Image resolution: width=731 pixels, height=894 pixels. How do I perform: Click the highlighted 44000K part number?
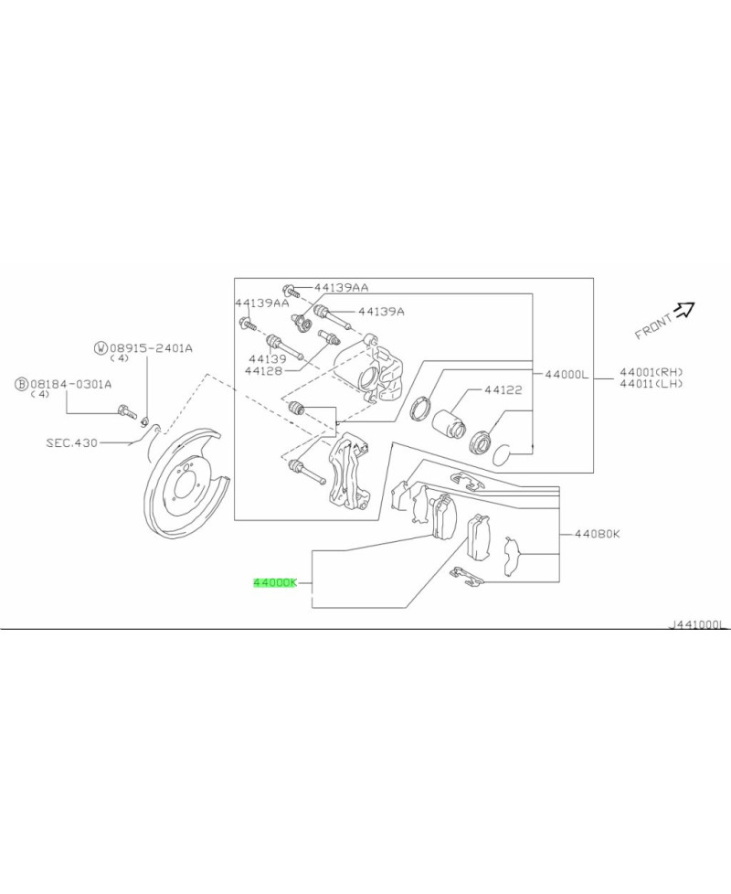(x=275, y=582)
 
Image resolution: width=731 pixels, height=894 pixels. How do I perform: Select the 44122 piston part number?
(x=503, y=389)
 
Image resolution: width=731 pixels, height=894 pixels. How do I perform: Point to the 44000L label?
(x=567, y=374)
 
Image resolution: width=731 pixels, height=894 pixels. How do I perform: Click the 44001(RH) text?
(x=651, y=372)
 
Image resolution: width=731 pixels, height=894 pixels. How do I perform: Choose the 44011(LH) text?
(x=651, y=384)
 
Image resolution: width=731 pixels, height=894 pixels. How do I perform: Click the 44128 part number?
(x=265, y=371)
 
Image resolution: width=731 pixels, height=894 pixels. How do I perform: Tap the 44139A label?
(x=380, y=312)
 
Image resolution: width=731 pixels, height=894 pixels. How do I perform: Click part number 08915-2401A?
(x=151, y=347)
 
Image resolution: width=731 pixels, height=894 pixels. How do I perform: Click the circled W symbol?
(x=101, y=347)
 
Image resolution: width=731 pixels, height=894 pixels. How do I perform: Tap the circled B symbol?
(x=20, y=384)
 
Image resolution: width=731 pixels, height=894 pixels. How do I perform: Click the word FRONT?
(x=652, y=325)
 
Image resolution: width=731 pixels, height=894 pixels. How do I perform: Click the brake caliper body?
(x=375, y=370)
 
